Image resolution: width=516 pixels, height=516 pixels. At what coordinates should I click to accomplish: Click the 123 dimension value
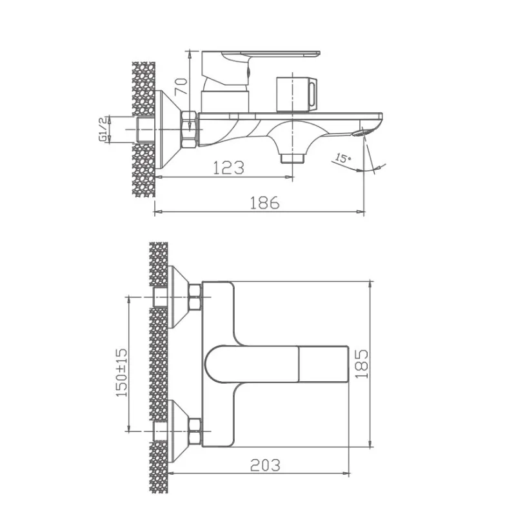pos(229,168)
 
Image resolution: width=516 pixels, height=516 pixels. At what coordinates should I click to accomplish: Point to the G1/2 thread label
pos(102,129)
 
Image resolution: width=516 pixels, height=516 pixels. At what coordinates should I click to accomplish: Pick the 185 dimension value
pos(361,364)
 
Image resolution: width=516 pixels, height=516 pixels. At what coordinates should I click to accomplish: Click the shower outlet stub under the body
pos(292,157)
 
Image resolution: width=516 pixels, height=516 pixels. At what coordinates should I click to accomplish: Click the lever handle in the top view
pos(277,364)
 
